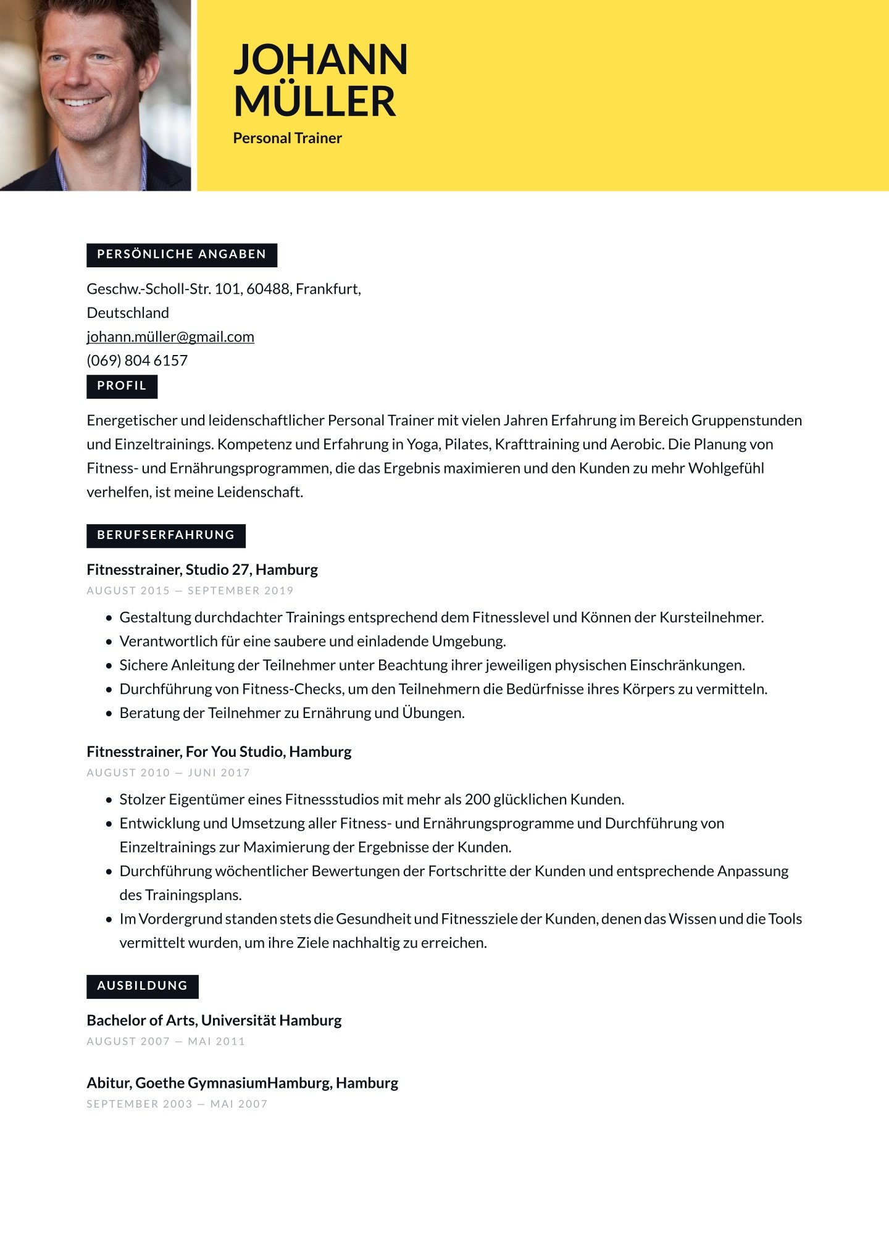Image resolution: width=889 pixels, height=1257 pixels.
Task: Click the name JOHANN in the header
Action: pos(320,60)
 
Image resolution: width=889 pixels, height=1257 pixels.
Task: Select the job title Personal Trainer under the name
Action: pos(287,138)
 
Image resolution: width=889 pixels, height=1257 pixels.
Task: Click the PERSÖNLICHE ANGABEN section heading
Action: pos(182,254)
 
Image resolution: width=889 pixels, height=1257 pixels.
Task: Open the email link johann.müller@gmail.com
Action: pos(170,337)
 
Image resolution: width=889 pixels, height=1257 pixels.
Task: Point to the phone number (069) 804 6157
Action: pos(137,361)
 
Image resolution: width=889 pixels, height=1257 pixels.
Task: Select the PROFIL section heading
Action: pos(122,386)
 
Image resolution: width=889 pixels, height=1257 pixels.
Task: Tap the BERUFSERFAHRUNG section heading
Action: pos(165,535)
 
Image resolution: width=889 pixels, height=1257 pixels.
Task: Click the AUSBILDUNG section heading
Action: pos(142,986)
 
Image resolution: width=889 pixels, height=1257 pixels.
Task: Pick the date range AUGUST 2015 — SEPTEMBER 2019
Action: pos(190,591)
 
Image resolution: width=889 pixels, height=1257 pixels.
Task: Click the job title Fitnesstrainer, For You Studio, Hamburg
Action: pos(219,752)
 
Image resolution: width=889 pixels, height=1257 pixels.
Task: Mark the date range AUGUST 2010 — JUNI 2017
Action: pos(168,773)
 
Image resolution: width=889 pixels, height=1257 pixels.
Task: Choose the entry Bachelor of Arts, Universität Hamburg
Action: pos(214,1021)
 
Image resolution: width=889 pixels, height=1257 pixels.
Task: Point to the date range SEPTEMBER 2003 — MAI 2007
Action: pos(177,1104)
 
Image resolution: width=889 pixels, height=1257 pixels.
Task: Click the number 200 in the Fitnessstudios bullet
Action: pos(477,800)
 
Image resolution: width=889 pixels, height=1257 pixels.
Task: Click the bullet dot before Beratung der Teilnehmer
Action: pos(109,714)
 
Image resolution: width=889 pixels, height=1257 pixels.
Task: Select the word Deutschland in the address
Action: pos(128,313)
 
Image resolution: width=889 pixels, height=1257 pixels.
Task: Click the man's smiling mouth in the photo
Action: pos(80,101)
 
